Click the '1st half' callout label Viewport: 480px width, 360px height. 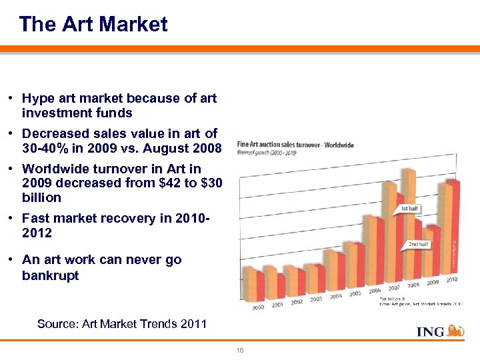(410, 209)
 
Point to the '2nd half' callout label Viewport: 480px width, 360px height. (419, 245)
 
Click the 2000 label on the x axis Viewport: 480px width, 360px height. (257, 307)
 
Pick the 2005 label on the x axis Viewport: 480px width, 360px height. (355, 293)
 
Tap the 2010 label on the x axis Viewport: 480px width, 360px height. (451, 279)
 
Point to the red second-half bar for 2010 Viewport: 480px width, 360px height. (453, 227)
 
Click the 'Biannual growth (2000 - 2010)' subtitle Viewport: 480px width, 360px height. (267, 153)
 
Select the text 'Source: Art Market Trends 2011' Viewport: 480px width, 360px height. (122, 324)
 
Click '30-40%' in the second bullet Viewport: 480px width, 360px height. (45, 147)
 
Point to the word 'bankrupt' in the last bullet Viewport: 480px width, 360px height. (50, 275)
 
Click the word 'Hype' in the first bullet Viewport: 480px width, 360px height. (39, 99)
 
